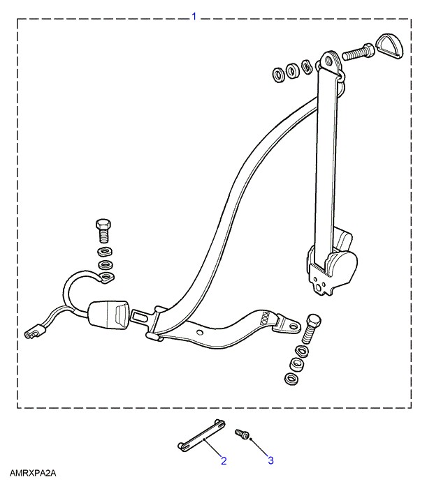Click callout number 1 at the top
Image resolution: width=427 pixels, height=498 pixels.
tap(194, 16)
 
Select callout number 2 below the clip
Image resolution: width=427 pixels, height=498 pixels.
tap(224, 460)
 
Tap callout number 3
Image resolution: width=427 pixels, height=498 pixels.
tap(270, 460)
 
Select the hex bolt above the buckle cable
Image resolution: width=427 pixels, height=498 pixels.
tap(103, 231)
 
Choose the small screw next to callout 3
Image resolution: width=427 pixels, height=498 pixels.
tap(242, 434)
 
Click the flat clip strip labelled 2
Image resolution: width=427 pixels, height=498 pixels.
tap(201, 435)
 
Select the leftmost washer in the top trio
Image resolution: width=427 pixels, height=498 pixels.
tap(279, 75)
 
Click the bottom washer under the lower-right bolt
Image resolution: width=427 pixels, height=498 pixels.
tap(292, 378)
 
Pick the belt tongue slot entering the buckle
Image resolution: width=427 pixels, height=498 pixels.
tap(143, 317)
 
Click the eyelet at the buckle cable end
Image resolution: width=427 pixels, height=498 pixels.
tap(106, 278)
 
